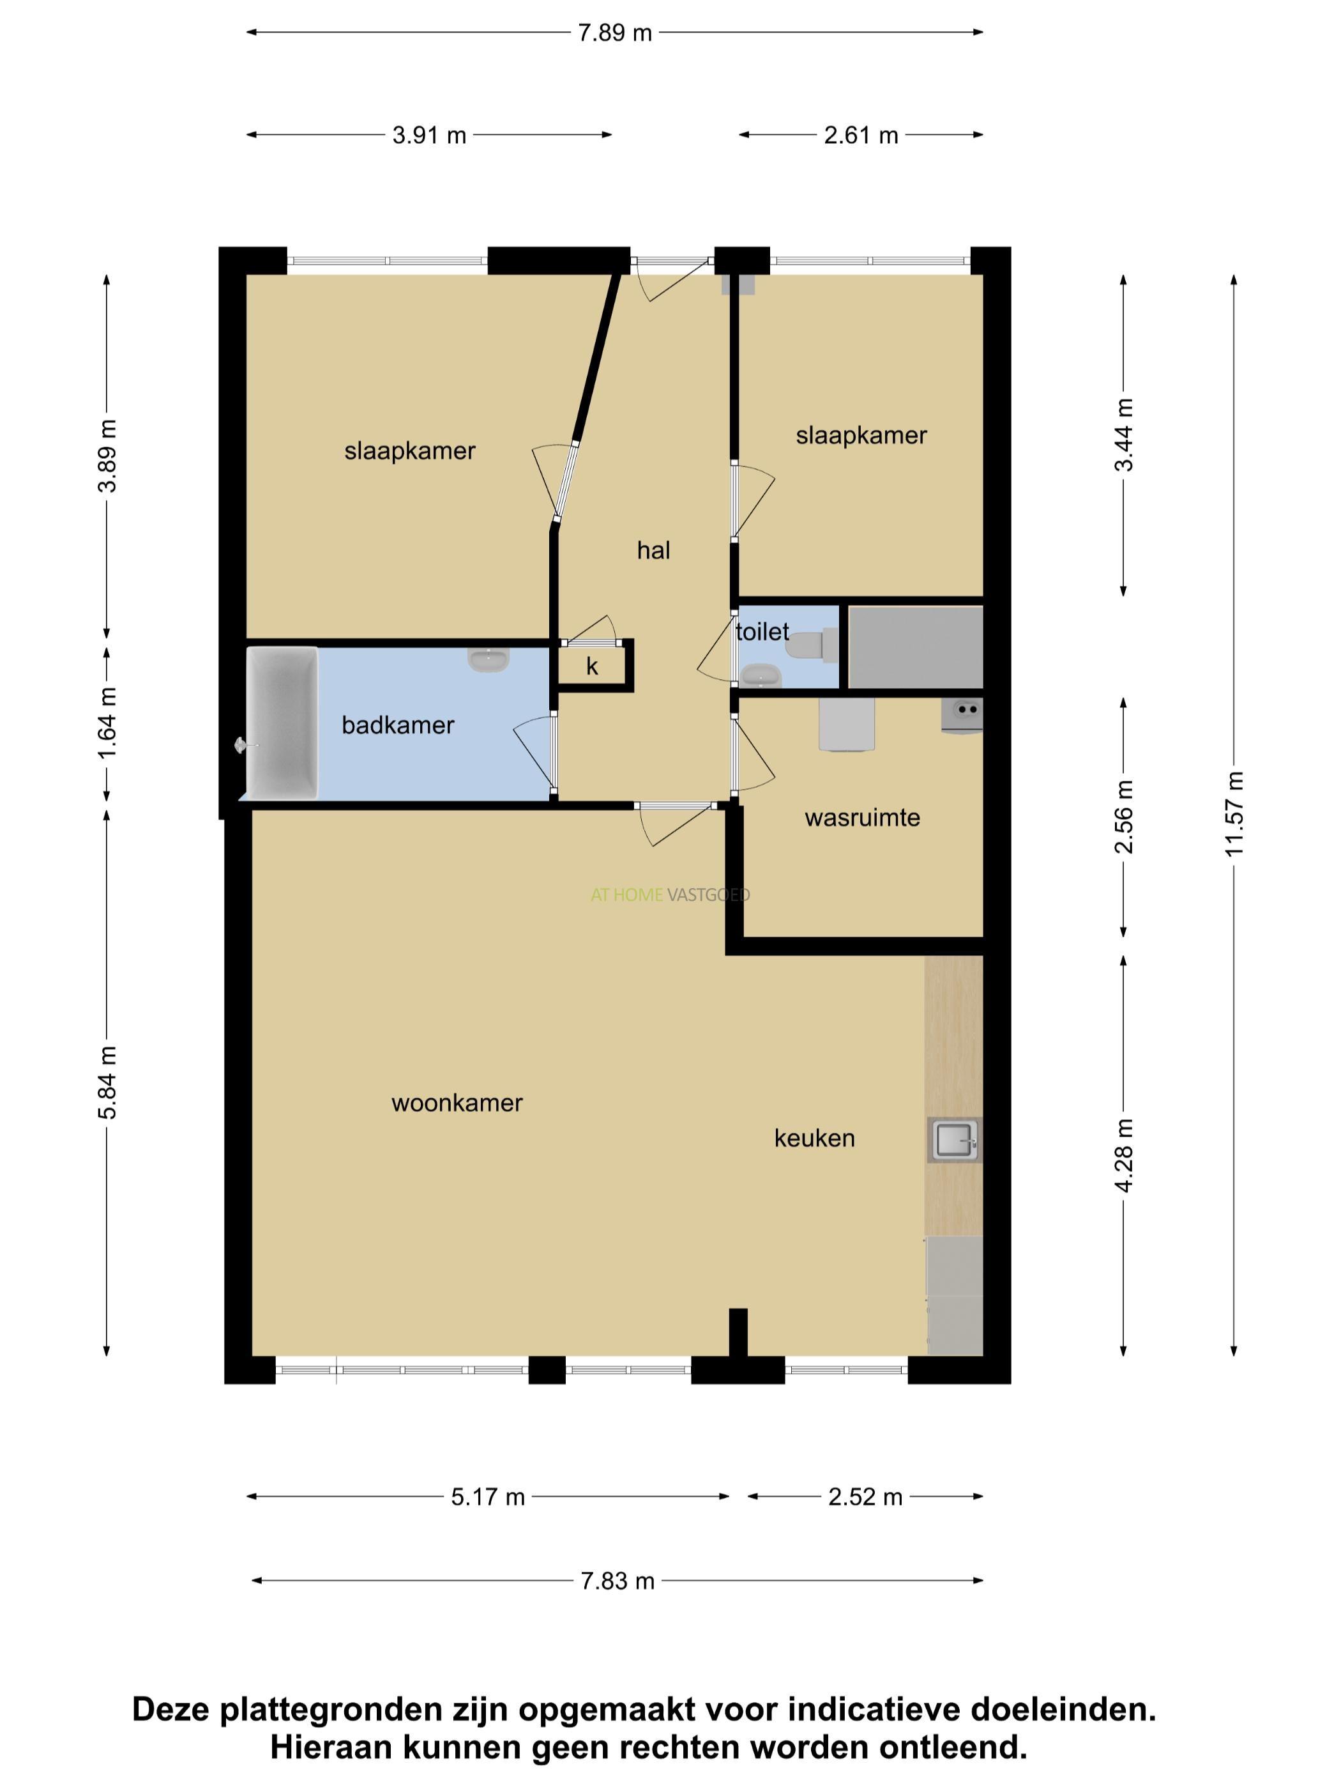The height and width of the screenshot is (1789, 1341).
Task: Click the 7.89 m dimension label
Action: point(614,33)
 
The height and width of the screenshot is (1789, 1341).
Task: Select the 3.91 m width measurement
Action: point(429,134)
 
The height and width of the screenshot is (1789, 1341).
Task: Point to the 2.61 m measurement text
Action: point(861,134)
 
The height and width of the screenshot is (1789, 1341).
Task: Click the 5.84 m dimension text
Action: point(107,1082)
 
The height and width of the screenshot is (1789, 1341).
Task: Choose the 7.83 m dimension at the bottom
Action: point(617,1580)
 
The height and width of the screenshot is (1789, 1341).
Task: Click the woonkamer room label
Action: point(457,1102)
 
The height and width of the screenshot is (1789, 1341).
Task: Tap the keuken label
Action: point(814,1138)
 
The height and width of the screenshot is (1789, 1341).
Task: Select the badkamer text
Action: point(398,725)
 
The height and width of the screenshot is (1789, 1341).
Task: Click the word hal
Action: point(653,550)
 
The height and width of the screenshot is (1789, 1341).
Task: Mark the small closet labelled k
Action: point(593,666)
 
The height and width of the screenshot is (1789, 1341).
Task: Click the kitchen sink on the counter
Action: point(955,1140)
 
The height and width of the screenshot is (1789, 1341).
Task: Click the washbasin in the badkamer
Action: point(489,660)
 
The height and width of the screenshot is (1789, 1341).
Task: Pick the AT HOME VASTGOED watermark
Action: point(670,894)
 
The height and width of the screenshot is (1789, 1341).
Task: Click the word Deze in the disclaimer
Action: point(170,1710)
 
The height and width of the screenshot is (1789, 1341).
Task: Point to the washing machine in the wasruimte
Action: point(846,725)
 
